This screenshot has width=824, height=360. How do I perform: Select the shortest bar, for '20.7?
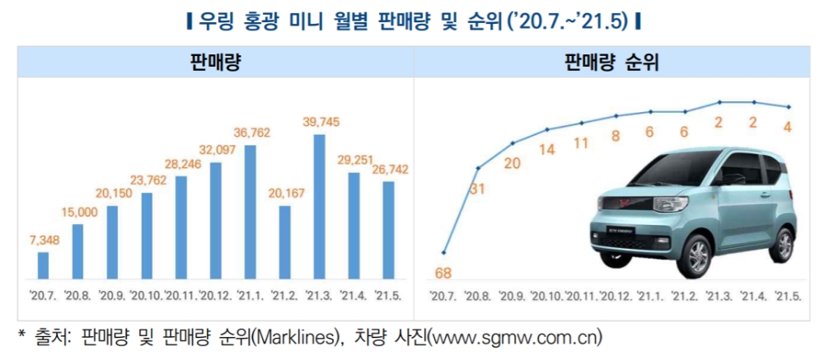click(x=44, y=265)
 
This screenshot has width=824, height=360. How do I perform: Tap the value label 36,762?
click(x=251, y=132)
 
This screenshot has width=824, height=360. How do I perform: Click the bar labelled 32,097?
click(x=216, y=220)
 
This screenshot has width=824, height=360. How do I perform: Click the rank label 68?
click(x=444, y=273)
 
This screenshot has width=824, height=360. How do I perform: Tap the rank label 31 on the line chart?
click(x=477, y=189)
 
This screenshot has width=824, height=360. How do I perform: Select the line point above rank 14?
click(x=547, y=129)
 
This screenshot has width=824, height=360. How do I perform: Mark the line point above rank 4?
click(x=789, y=107)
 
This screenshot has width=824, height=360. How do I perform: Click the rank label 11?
click(x=581, y=143)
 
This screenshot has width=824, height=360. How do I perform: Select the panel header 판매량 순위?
click(x=616, y=61)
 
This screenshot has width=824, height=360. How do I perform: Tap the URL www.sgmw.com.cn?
click(x=514, y=337)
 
